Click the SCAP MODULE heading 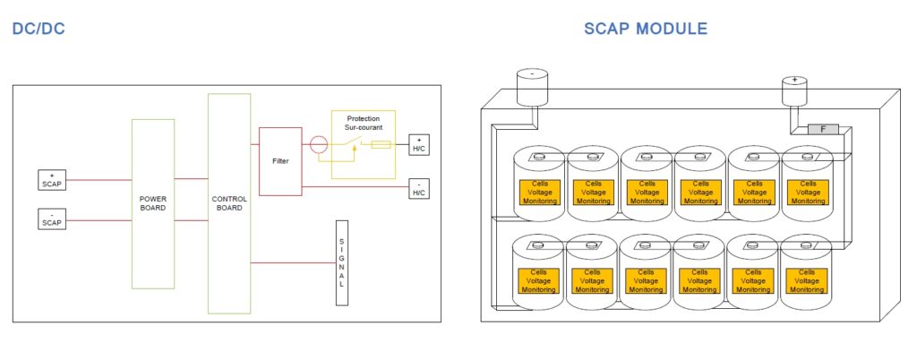click(645, 29)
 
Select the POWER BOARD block click(153, 203)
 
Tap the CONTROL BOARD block click(229, 203)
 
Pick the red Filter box click(279, 161)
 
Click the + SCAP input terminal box click(52, 179)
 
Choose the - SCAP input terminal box click(52, 218)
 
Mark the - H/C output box click(419, 188)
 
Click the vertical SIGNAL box click(341, 262)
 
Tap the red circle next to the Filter click(318, 144)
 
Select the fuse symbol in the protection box click(380, 144)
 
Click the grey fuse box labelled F click(823, 129)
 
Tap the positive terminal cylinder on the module click(794, 90)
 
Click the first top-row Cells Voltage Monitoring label click(539, 192)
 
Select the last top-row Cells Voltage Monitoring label click(808, 192)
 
